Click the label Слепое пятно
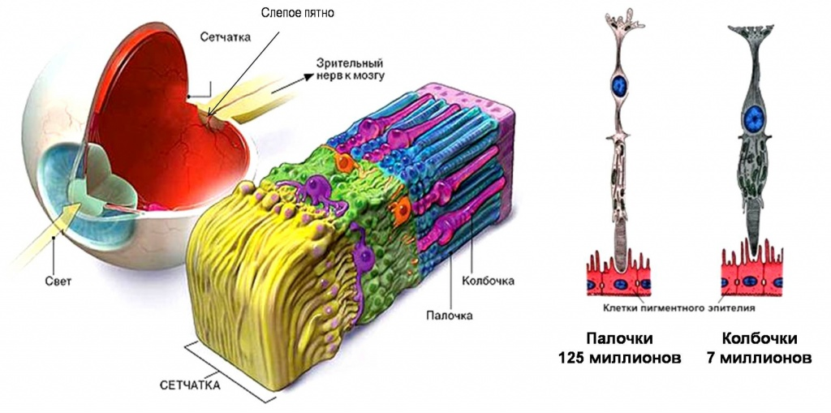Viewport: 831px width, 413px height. [298, 13]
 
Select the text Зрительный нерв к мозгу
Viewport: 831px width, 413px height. [349, 68]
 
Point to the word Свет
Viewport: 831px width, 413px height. [58, 282]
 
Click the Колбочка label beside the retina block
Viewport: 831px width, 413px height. [488, 281]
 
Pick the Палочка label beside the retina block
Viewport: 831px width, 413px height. [449, 316]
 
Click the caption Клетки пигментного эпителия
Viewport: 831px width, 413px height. [678, 308]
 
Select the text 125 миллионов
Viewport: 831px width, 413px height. [619, 358]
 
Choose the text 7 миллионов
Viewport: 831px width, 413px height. [759, 358]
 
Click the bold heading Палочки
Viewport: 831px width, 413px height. [619, 339]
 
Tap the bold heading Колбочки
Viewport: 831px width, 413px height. [760, 339]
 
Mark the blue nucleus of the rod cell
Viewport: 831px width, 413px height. [620, 87]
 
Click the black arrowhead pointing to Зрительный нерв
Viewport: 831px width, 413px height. [307, 77]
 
